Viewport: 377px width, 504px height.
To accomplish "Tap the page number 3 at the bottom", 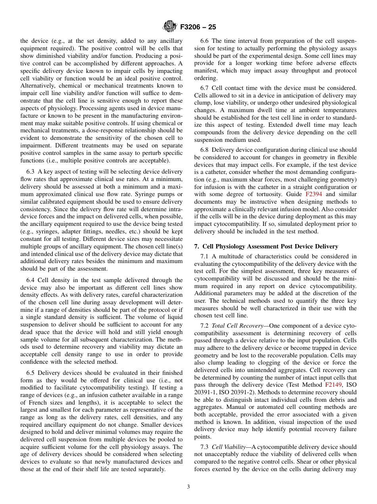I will click(188, 487).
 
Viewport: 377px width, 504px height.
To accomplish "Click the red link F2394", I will click(314, 194).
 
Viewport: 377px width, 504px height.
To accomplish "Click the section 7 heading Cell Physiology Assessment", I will click(266, 246).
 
